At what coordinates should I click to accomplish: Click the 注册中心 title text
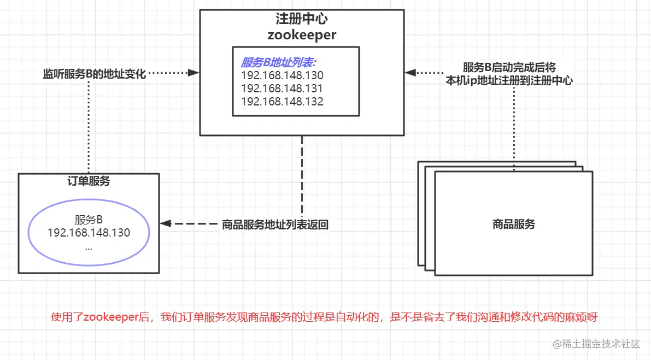tap(302, 19)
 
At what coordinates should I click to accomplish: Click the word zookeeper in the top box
tap(302, 35)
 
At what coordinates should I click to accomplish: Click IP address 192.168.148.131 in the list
tap(282, 88)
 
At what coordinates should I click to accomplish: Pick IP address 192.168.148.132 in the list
tap(282, 102)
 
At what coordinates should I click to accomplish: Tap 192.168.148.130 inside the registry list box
tap(282, 75)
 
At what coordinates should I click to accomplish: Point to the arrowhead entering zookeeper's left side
tap(193, 73)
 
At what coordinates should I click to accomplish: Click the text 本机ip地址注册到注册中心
tap(509, 80)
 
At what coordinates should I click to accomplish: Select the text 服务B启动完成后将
tap(509, 67)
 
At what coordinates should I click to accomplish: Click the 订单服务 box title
tap(89, 181)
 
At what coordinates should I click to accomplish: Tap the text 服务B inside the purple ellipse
tap(89, 220)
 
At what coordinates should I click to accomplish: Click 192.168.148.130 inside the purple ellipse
tap(89, 233)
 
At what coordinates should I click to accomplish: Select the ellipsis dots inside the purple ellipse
tap(89, 247)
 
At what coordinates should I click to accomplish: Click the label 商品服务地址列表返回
tap(275, 225)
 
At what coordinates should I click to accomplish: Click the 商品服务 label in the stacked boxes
tap(513, 224)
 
